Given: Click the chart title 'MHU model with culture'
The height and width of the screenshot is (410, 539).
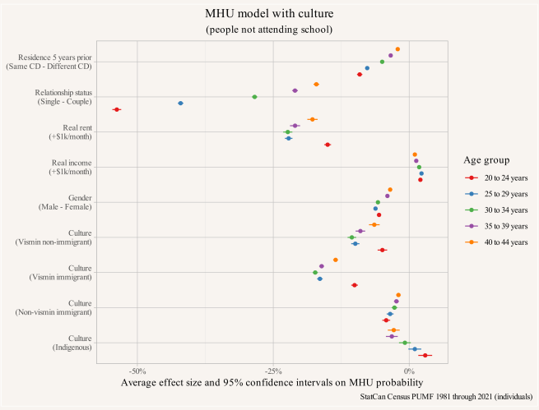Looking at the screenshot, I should pyautogui.click(x=269, y=14).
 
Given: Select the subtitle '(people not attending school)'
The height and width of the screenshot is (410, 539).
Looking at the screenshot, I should pyautogui.click(x=269, y=30).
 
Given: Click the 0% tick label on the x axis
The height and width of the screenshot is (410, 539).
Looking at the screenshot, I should pyautogui.click(x=409, y=371).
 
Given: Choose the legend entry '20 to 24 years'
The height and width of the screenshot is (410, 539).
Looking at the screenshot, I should pyautogui.click(x=500, y=177).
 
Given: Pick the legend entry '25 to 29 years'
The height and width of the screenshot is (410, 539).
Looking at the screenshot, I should pyautogui.click(x=500, y=194).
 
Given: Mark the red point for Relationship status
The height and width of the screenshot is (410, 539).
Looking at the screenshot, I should pyautogui.click(x=117, y=109).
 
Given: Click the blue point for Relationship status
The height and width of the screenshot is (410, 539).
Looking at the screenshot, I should pyautogui.click(x=180, y=103).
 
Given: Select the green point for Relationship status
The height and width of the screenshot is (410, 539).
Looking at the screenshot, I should pyautogui.click(x=254, y=97).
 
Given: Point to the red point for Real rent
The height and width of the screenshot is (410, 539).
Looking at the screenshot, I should pyautogui.click(x=328, y=145).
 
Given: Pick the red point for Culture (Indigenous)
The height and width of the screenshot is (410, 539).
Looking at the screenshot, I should pyautogui.click(x=425, y=356).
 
